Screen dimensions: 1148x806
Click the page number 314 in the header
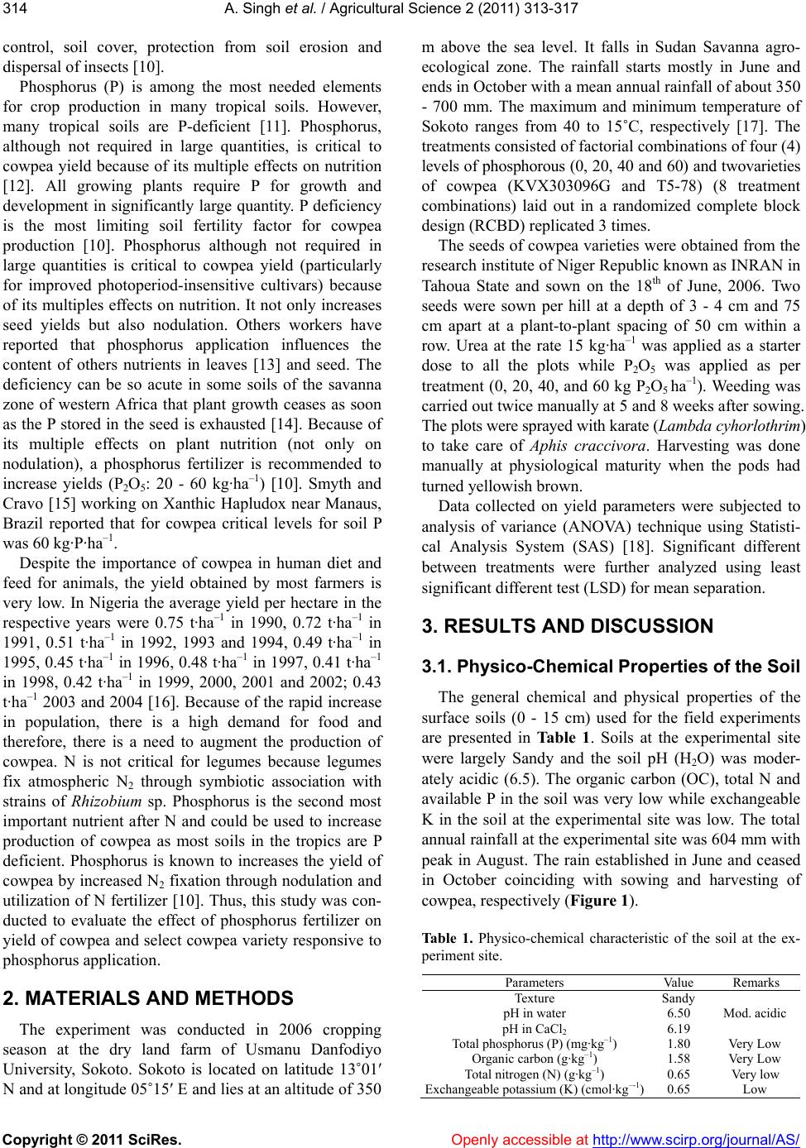coord(14,10)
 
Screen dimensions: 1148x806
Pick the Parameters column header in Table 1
coord(534,983)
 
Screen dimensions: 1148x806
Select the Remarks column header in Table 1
coord(756,983)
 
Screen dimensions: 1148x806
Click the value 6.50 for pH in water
coord(679,1012)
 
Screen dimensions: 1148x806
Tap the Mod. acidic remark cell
coord(756,1012)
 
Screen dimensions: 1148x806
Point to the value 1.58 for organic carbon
coord(679,1058)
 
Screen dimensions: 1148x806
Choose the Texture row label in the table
coord(534,997)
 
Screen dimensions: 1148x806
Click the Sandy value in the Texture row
coord(679,997)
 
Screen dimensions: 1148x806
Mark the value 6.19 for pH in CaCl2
coord(679,1027)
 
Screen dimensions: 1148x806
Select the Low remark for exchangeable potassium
coord(756,1089)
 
